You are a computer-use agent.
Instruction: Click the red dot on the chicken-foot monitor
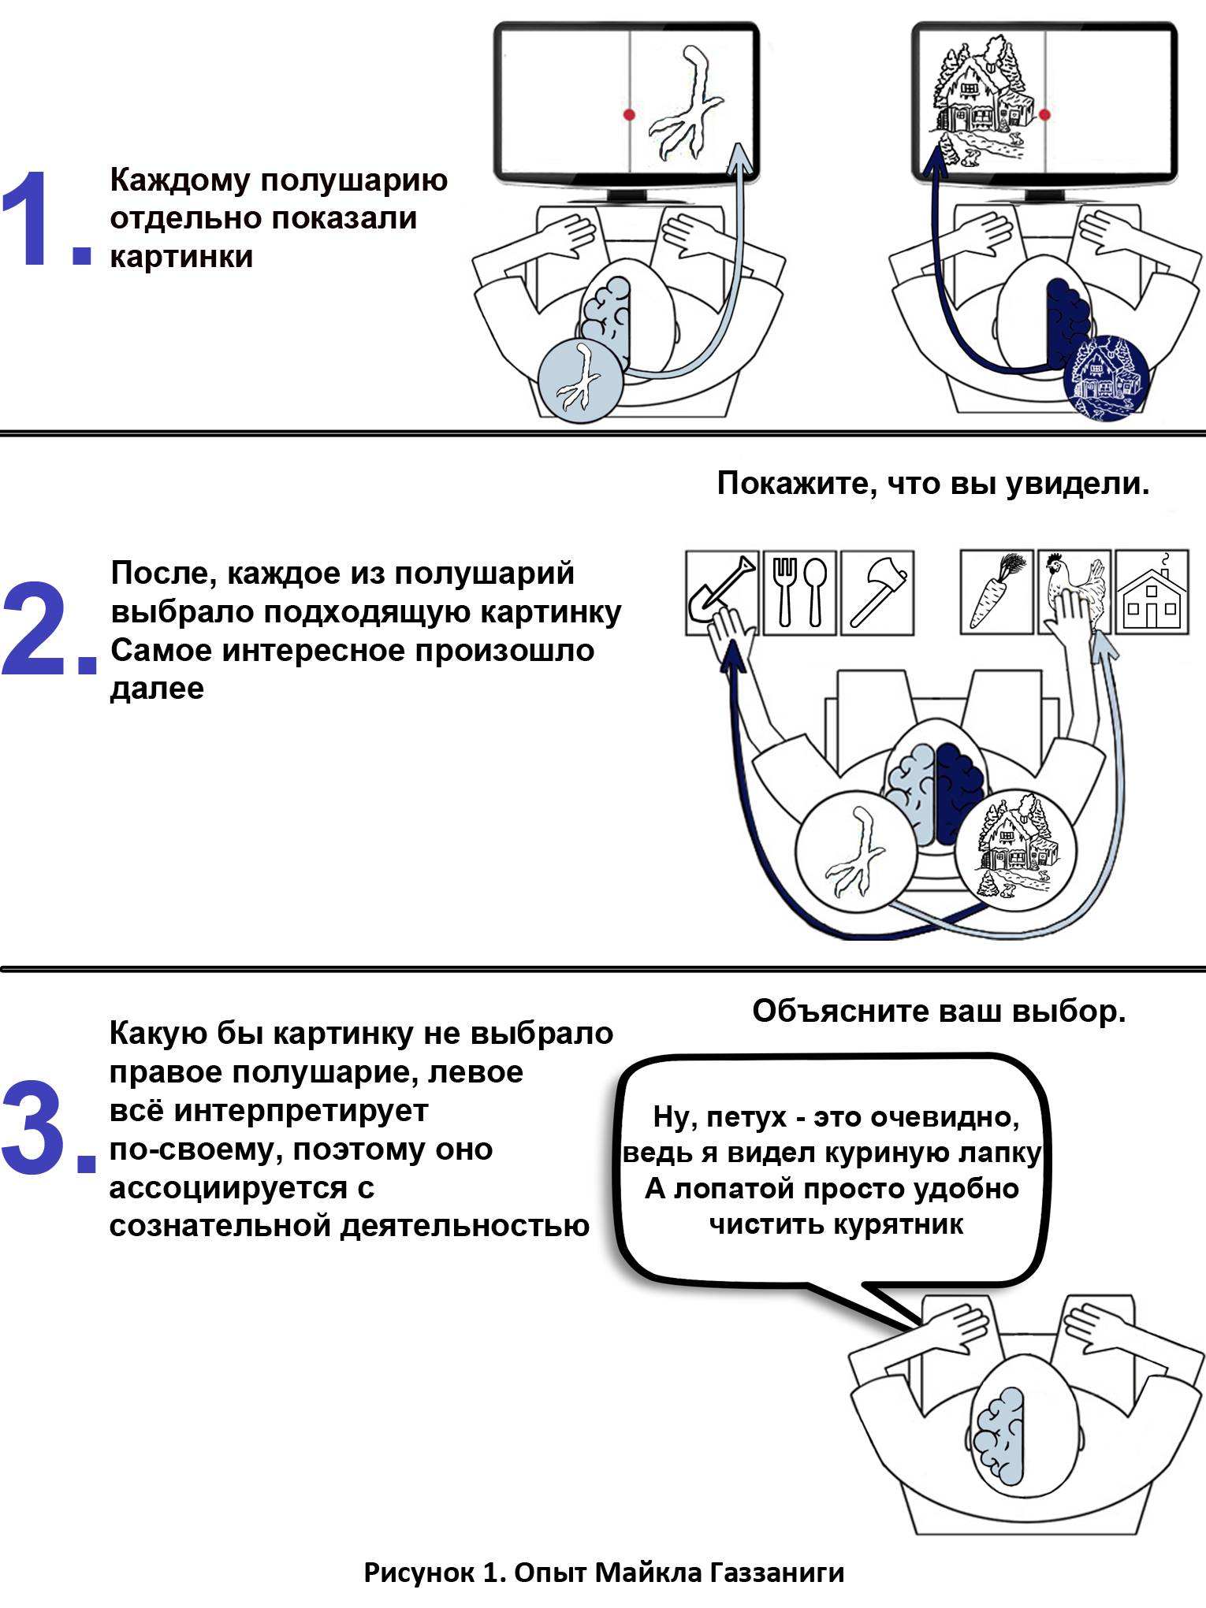(629, 115)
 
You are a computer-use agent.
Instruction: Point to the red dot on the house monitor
(1045, 115)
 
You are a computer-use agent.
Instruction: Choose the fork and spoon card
(798, 592)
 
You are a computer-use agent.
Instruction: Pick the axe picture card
(877, 592)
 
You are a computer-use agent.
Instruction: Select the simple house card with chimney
(1152, 592)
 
